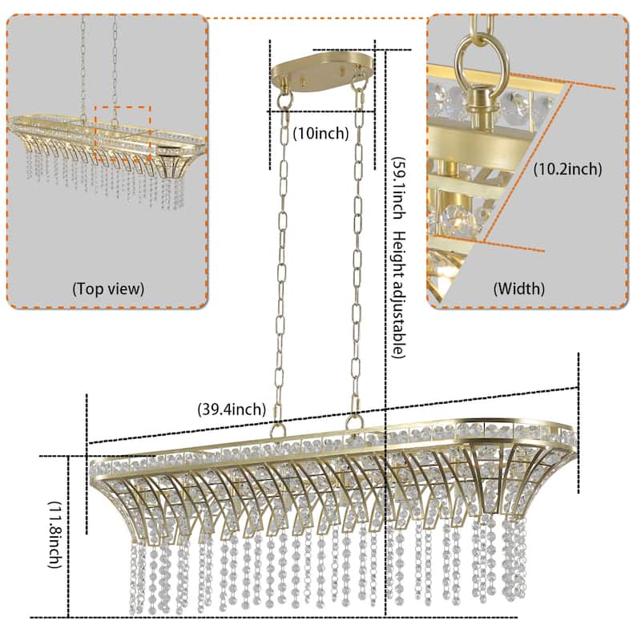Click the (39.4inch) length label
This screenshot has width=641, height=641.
232,409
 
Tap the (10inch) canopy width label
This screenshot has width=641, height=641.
320,134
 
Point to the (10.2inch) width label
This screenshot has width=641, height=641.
567,169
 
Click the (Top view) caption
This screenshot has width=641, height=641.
108,288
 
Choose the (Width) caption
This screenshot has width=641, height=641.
518,288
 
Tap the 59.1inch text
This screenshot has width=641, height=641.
398,184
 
